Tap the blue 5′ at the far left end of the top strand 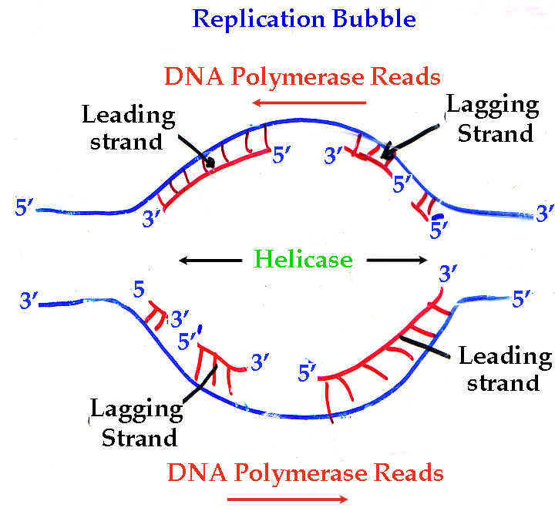coord(24,207)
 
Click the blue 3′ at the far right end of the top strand coord(545,213)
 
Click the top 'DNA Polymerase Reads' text coord(303,76)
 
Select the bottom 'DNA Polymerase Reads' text coord(306,472)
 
